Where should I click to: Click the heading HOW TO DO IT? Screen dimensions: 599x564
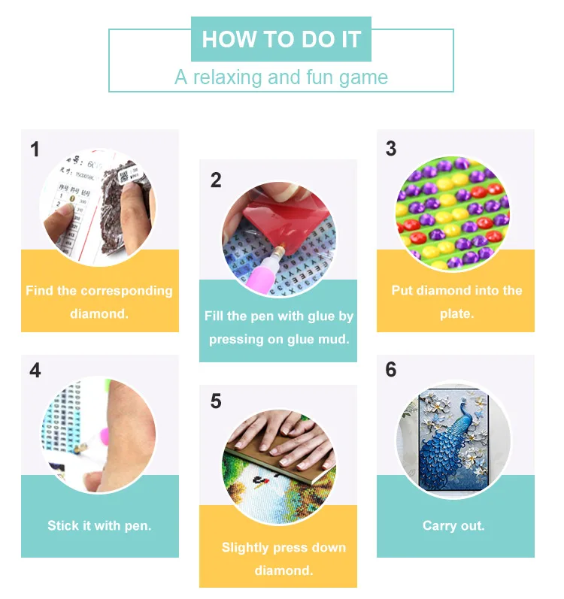281,39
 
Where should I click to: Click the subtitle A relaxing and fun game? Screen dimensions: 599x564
281,77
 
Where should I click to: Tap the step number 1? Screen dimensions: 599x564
35,150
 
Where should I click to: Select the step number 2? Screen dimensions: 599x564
216,180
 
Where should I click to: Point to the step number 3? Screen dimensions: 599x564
390,149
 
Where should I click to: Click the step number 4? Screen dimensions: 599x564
35,371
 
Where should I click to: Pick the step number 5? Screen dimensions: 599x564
216,401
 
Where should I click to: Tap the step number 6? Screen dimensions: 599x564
390,370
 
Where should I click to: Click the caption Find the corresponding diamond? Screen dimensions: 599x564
99,301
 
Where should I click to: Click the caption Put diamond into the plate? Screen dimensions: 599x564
456,301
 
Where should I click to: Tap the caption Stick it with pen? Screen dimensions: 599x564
99,525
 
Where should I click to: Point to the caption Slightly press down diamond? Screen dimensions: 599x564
278,558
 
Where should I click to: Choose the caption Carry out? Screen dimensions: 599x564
453,525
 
